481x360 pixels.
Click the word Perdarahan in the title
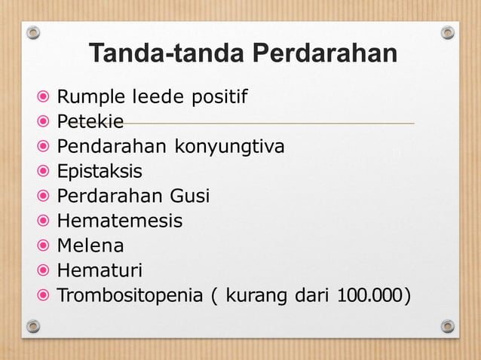[x=325, y=54]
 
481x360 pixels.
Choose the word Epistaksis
[x=100, y=171]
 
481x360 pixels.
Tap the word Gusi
[x=188, y=196]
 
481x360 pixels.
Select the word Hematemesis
[x=120, y=221]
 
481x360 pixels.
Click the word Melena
[x=91, y=246]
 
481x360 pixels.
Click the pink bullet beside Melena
[x=44, y=246]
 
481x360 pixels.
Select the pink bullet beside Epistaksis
[x=44, y=171]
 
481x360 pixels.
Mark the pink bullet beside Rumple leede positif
[x=44, y=97]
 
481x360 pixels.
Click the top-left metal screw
[x=33, y=32]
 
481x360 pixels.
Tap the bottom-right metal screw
[x=448, y=326]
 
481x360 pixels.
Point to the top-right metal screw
[x=448, y=32]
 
